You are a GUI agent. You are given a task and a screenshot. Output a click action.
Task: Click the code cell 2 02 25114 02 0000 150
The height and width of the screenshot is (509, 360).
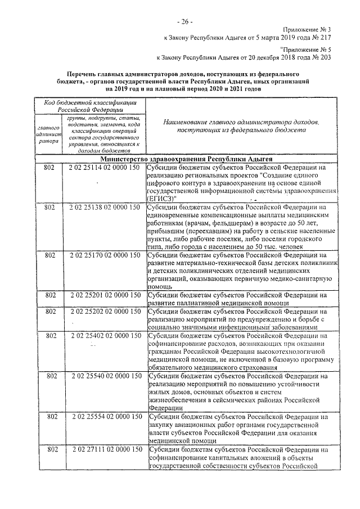[104, 168]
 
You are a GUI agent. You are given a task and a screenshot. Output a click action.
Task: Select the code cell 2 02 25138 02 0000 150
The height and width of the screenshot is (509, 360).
[104, 208]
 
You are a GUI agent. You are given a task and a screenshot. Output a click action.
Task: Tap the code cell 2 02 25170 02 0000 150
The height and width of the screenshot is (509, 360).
[104, 255]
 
